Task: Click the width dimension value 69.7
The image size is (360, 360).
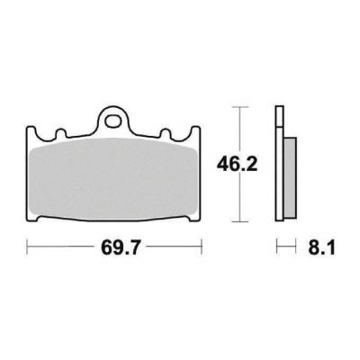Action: click(121, 247)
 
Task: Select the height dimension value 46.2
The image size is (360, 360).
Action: click(238, 164)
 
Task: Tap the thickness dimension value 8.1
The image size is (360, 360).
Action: click(321, 247)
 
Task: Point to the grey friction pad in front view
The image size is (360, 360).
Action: click(114, 178)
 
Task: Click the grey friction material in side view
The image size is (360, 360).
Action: click(290, 177)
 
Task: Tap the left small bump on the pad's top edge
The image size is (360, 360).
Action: click(61, 133)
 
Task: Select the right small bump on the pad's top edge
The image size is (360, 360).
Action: click(166, 133)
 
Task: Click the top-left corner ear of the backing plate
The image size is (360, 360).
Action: click(31, 132)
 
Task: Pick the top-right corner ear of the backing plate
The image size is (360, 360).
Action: click(195, 132)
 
